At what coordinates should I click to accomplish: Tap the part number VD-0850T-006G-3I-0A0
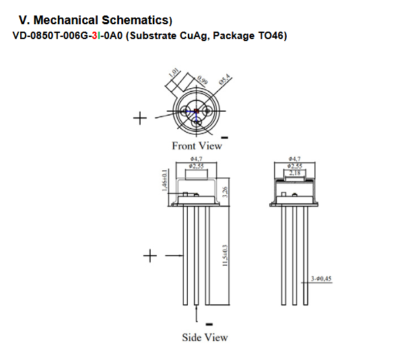(x=67, y=36)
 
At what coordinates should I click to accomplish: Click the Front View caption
(x=197, y=145)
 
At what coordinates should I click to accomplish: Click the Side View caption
(x=205, y=336)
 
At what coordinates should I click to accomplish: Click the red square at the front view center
(x=196, y=112)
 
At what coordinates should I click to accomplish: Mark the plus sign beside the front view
(x=140, y=118)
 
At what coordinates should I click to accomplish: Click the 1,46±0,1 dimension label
(x=166, y=180)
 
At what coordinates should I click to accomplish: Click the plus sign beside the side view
(x=151, y=256)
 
